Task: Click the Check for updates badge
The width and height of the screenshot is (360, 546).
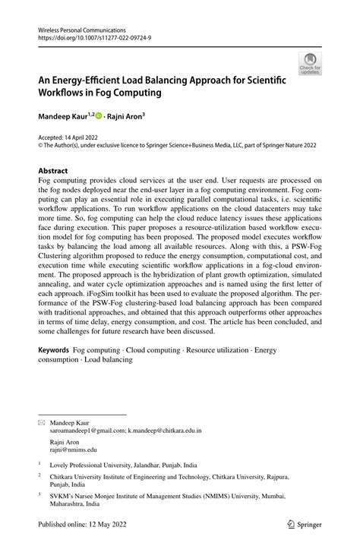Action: (309, 64)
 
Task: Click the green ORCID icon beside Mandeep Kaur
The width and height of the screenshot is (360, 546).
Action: (99, 115)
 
